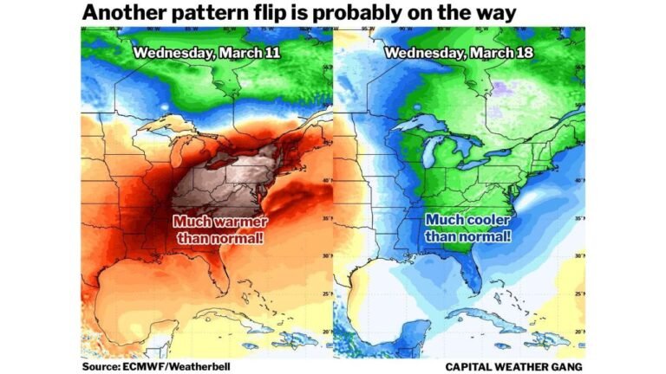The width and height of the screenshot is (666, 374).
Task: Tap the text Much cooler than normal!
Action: coord(467,229)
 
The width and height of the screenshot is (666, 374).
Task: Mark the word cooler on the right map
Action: coord(486,221)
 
